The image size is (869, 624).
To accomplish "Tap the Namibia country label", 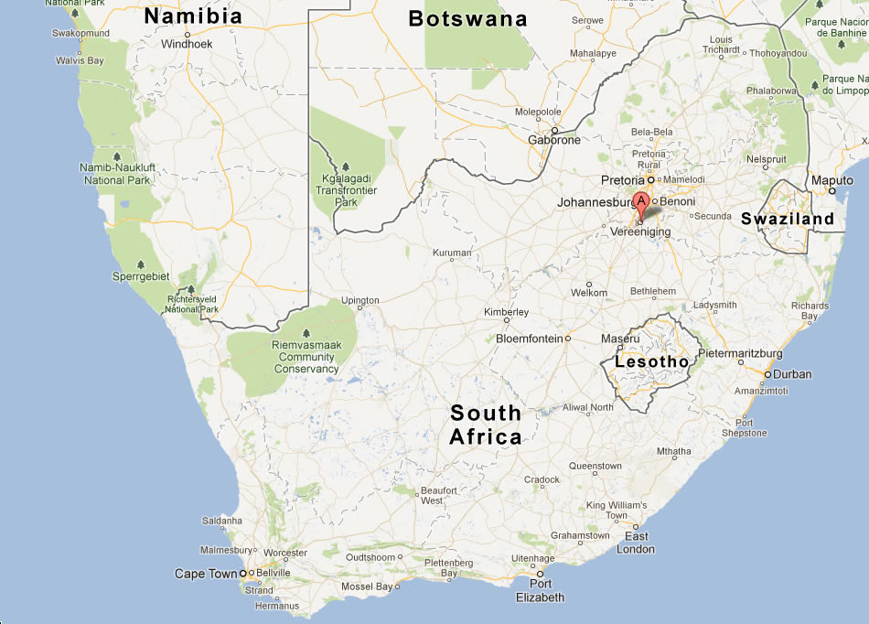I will click(x=193, y=16).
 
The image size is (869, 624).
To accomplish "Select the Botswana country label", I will click(x=467, y=19).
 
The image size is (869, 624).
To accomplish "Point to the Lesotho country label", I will click(x=651, y=362).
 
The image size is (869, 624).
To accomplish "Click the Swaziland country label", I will click(x=788, y=219).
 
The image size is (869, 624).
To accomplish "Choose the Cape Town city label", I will click(x=205, y=574).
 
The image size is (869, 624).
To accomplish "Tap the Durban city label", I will click(x=791, y=374).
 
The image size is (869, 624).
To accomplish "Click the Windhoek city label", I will click(x=187, y=44).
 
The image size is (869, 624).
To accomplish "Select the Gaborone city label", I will click(x=554, y=140).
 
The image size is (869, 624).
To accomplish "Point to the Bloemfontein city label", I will click(x=529, y=339).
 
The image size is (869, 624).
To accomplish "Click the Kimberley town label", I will click(x=506, y=313).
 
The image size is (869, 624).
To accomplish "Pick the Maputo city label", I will click(x=832, y=181).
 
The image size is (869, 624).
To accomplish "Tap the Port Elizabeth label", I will click(x=540, y=590).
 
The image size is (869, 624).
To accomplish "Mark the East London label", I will click(x=636, y=543).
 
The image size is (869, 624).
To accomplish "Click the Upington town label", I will click(x=359, y=300).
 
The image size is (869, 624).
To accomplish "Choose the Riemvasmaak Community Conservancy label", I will click(x=306, y=358).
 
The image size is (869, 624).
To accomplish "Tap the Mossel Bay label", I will click(x=366, y=586).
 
